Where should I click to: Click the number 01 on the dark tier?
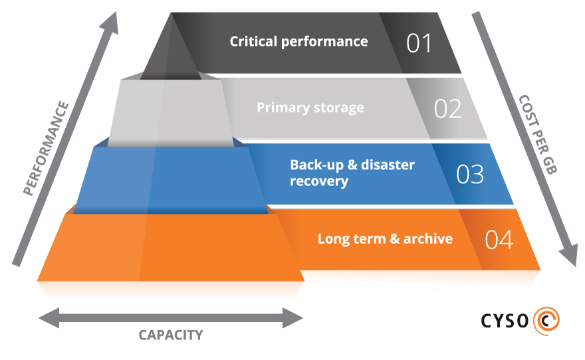pyautogui.click(x=419, y=43)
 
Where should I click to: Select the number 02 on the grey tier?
pyautogui.click(x=447, y=109)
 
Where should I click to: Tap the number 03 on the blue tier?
pyautogui.click(x=469, y=174)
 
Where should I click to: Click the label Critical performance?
pyautogui.click(x=298, y=41)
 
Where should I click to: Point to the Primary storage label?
pyautogui.click(x=310, y=107)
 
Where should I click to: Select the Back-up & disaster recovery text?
pyautogui.click(x=352, y=173)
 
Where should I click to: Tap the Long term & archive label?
pyautogui.click(x=385, y=238)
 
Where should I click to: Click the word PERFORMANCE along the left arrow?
pyautogui.click(x=46, y=148)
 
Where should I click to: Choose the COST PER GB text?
pyautogui.click(x=538, y=134)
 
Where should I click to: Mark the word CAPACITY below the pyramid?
pyautogui.click(x=170, y=335)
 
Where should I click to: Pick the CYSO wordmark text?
pyautogui.click(x=505, y=321)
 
